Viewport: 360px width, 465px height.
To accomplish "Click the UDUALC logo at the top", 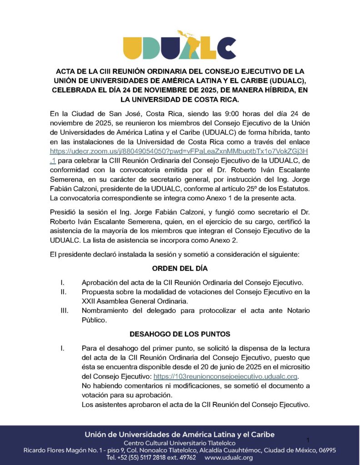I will tap(180, 43).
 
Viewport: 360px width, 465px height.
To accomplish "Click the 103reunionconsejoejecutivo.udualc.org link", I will tap(226, 376).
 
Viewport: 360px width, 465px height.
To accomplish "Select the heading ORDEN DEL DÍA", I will tap(180, 268).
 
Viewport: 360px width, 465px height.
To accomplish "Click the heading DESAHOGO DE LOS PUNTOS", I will tap(180, 334).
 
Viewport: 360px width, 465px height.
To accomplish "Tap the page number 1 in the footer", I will tap(308, 440).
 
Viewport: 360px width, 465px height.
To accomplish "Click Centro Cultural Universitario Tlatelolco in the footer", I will tap(180, 443).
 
